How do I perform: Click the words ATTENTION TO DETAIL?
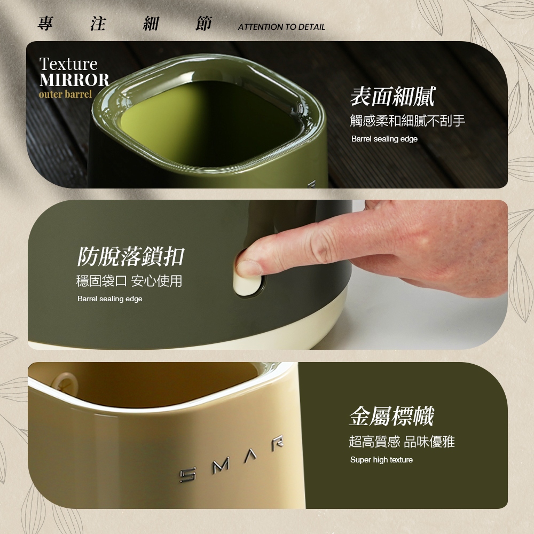[x=281, y=27]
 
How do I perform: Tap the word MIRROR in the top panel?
[x=74, y=80]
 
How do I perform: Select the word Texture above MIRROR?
[x=68, y=64]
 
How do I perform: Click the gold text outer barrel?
[x=65, y=94]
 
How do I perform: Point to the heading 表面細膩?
[x=392, y=96]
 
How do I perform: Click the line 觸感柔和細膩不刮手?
[x=407, y=121]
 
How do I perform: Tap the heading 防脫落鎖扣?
[x=130, y=256]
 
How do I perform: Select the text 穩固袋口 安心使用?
[x=129, y=281]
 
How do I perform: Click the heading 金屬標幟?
[x=391, y=416]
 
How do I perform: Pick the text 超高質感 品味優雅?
[x=402, y=442]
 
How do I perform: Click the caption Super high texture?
[x=381, y=460]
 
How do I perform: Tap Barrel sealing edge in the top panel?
[x=384, y=139]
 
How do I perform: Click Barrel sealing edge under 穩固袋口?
[x=109, y=299]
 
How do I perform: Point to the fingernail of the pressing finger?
[x=248, y=268]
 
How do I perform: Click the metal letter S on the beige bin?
[x=188, y=475]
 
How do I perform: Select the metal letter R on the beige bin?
[x=278, y=443]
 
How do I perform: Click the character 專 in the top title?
[x=45, y=23]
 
